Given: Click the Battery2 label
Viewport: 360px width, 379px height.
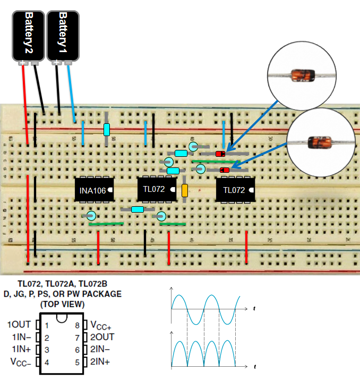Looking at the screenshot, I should point(29,32).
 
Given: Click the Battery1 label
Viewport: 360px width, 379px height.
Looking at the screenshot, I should point(63,32).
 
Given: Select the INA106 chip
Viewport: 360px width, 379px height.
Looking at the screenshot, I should point(94,189).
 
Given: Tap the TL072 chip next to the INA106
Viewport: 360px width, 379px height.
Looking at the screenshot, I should point(157,189).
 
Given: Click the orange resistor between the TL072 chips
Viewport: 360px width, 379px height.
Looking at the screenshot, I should point(185,191).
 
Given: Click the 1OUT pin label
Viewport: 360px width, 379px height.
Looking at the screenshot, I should point(19,324).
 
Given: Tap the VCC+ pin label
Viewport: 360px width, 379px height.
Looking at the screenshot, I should point(101,325).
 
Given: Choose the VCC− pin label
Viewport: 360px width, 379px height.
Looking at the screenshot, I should point(20,362).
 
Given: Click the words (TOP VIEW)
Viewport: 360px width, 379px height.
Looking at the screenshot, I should point(62,305).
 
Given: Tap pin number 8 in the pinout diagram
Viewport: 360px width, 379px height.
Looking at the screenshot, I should point(77,324).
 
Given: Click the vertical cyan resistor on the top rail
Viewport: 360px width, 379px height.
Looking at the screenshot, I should point(107,130).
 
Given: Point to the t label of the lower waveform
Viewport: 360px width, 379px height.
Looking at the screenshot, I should point(255,367).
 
